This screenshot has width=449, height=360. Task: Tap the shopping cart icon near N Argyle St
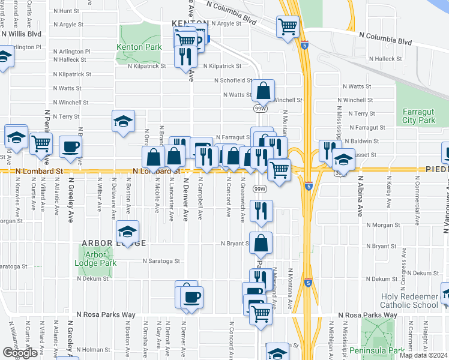pos(288,26)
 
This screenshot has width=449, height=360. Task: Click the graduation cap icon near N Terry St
pos(123,121)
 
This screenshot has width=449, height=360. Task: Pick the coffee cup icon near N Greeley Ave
pos(70,148)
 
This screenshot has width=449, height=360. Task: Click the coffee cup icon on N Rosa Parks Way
pos(191,298)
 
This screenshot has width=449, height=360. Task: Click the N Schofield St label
pos(233,80)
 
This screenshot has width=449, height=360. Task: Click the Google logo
pos(20,353)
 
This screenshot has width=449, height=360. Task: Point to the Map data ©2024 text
pos(423,355)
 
